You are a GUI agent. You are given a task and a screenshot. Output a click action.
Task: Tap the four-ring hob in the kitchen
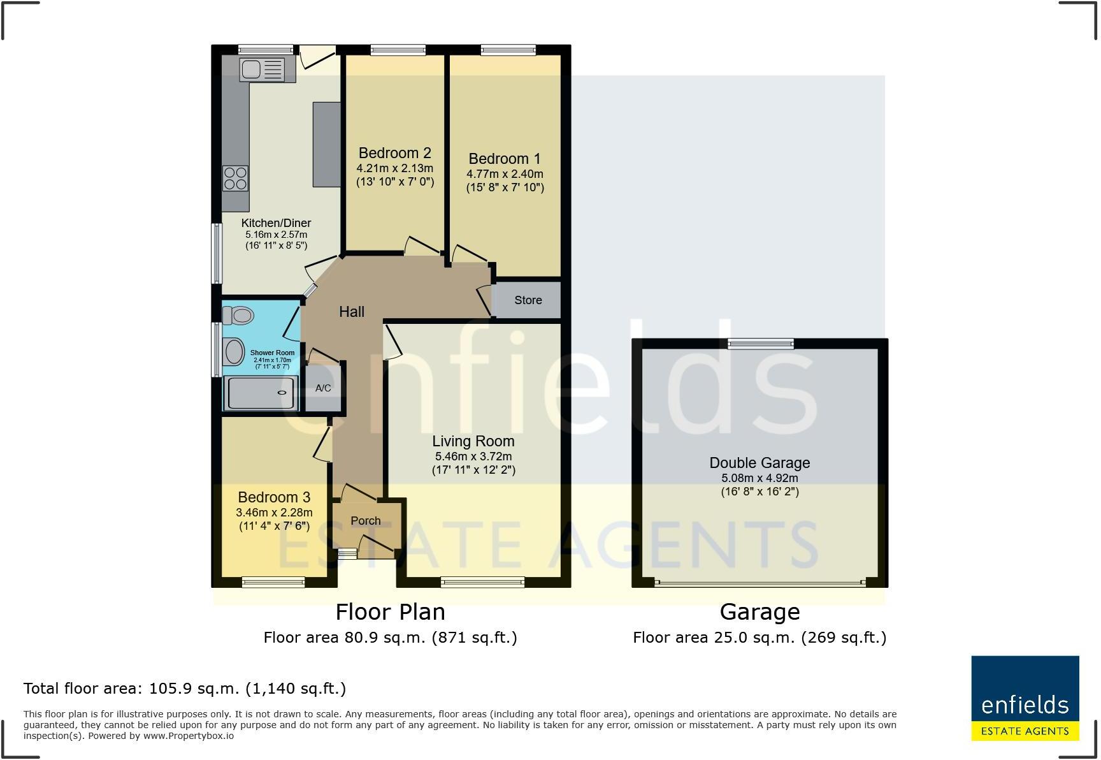[235, 178]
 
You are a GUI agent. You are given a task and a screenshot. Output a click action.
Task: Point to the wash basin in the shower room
[234, 352]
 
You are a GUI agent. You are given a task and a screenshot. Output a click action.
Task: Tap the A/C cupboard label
[323, 388]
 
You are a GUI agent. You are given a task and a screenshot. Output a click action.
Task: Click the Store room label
[528, 300]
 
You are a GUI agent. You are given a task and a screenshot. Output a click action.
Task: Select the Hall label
[352, 312]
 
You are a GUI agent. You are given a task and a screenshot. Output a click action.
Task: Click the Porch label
[366, 520]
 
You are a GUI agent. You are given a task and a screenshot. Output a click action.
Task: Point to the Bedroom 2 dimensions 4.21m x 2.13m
[394, 168]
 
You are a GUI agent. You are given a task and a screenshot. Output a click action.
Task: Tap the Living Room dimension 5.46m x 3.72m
[473, 457]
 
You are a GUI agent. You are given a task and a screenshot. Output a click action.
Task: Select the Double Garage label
[759, 463]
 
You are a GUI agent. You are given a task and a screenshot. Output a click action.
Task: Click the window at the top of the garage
[761, 344]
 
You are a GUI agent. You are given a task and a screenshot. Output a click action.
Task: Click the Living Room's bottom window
[483, 581]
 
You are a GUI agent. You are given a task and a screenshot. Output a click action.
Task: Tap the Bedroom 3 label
[274, 497]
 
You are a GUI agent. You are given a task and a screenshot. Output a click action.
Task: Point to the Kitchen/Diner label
[276, 223]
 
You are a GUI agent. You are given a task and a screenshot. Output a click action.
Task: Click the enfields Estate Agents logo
[1025, 698]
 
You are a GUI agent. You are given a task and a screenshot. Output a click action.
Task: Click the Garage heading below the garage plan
[759, 612]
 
